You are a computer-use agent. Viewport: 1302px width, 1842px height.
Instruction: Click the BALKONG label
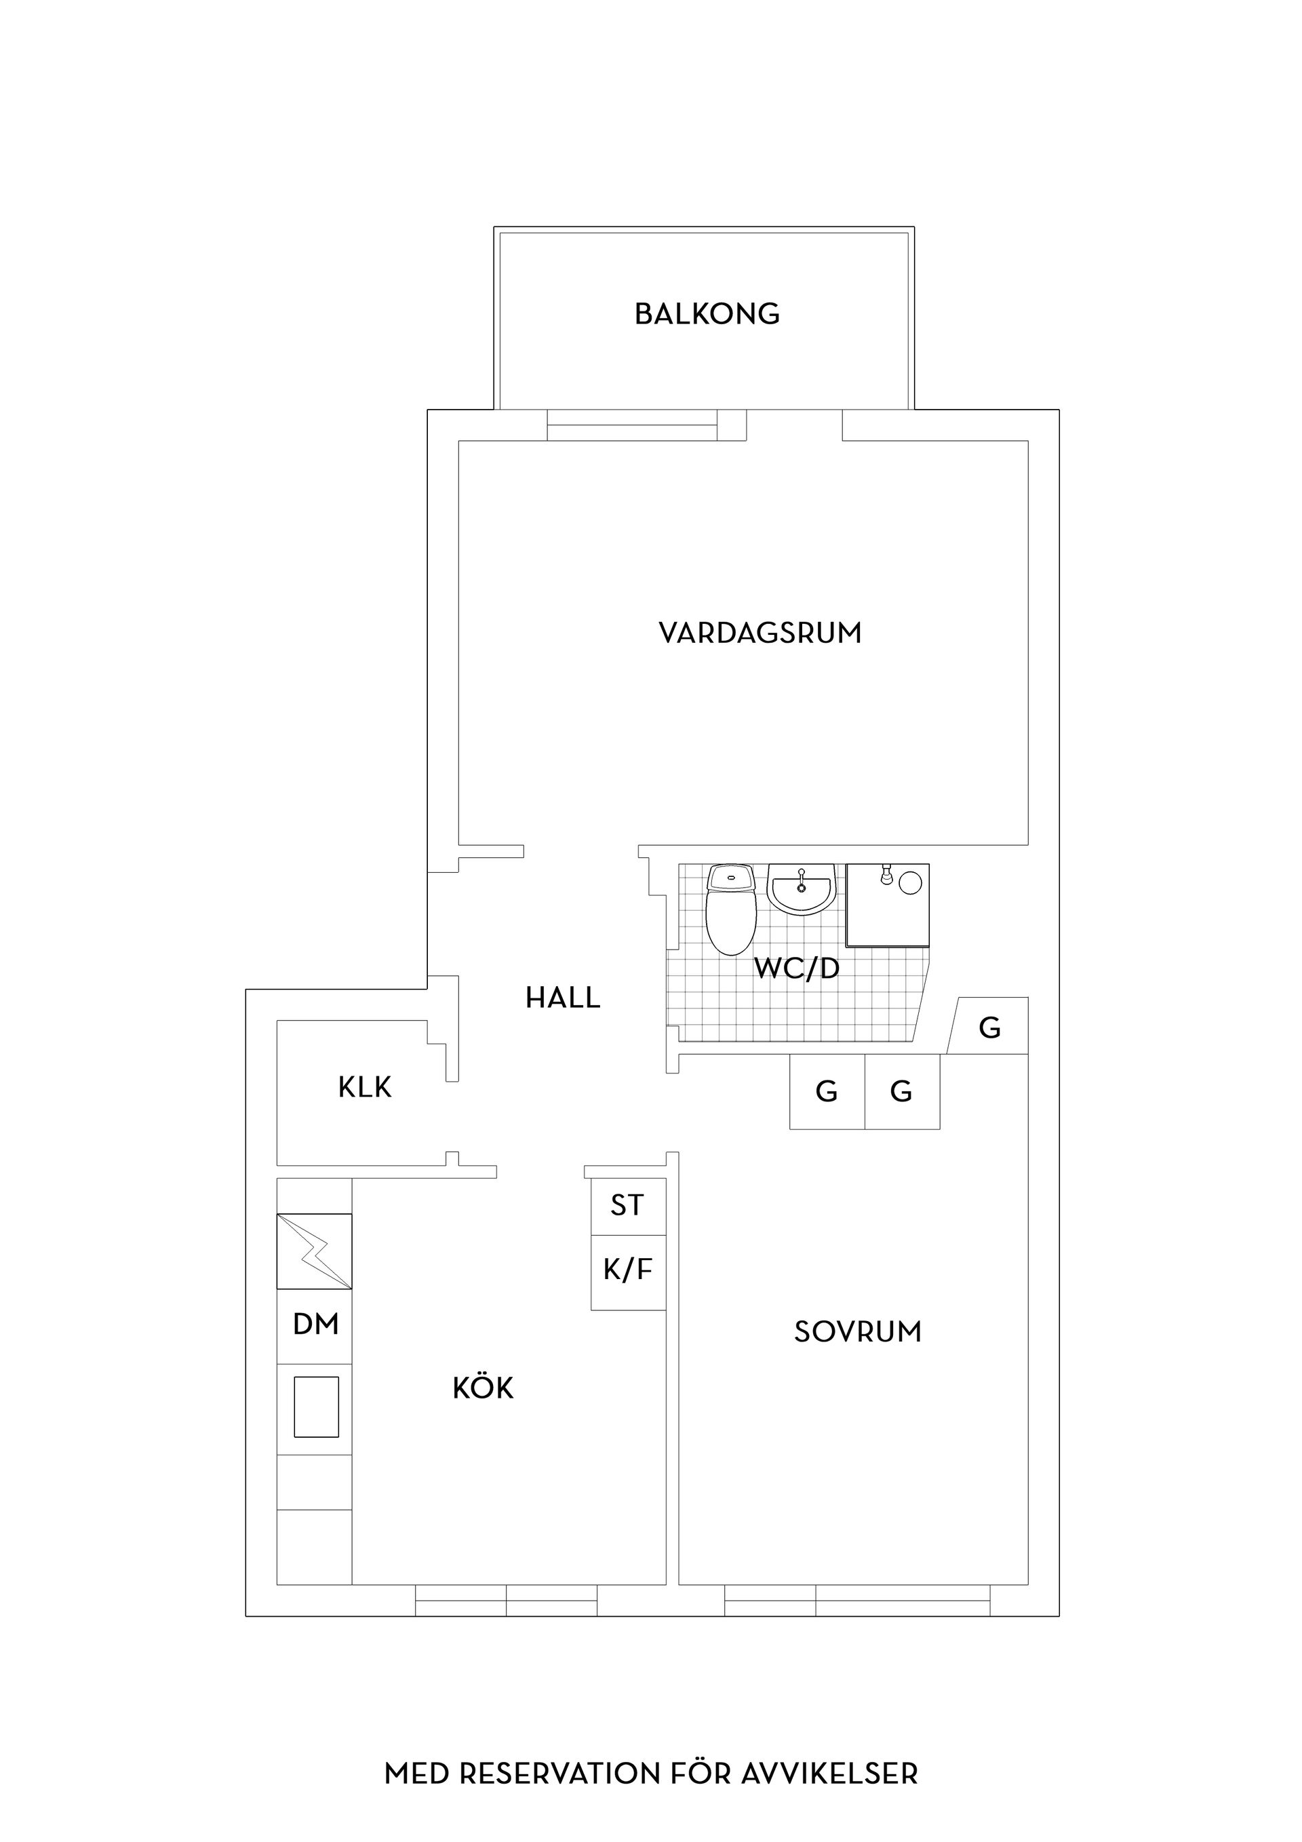click(707, 314)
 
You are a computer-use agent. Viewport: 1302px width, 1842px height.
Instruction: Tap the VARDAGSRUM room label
click(759, 633)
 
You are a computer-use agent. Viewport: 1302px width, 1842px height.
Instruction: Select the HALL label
click(562, 998)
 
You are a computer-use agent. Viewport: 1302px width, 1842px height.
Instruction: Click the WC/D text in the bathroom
click(797, 969)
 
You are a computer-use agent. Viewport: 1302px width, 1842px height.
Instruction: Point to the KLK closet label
click(365, 1088)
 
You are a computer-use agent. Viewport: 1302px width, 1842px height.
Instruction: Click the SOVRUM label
click(858, 1333)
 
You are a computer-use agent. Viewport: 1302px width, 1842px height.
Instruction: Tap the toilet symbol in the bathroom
click(731, 911)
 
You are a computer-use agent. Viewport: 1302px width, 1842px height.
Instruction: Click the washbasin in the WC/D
click(802, 890)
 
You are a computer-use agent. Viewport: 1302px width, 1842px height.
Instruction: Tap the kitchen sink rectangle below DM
click(316, 1407)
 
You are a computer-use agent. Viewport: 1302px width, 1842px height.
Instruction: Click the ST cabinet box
click(627, 1206)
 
